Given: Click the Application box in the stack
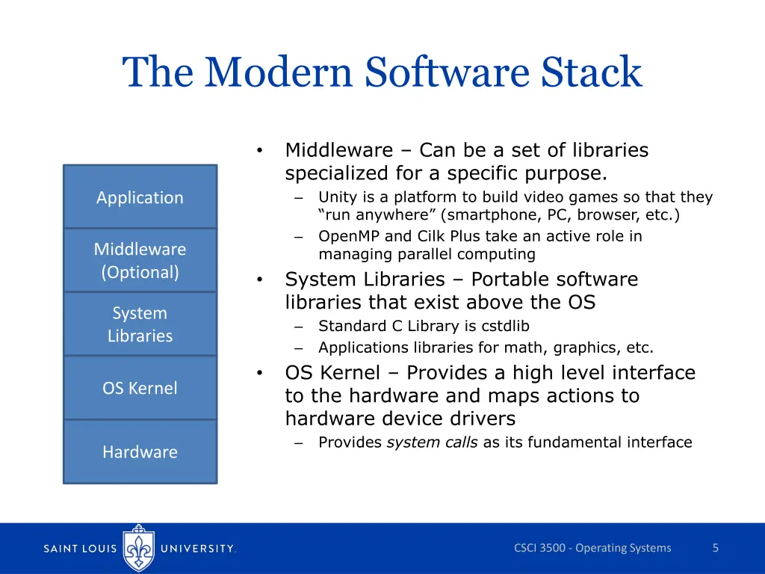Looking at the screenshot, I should pos(140,197).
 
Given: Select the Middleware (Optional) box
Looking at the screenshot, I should pos(140,260).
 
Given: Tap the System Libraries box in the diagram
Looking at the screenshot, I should pos(140,324).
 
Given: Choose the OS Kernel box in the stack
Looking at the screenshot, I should pos(140,388).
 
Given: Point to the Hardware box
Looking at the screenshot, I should pos(140,451).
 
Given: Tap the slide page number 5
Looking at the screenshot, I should pos(715,548).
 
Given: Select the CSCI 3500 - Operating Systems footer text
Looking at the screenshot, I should pos(592,548).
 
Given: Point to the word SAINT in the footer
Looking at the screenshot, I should pos(65,549).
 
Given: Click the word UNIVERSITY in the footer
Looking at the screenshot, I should pos(198,549).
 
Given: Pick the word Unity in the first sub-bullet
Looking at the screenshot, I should pos(335,197).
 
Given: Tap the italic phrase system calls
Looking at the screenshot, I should pos(432,442).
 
